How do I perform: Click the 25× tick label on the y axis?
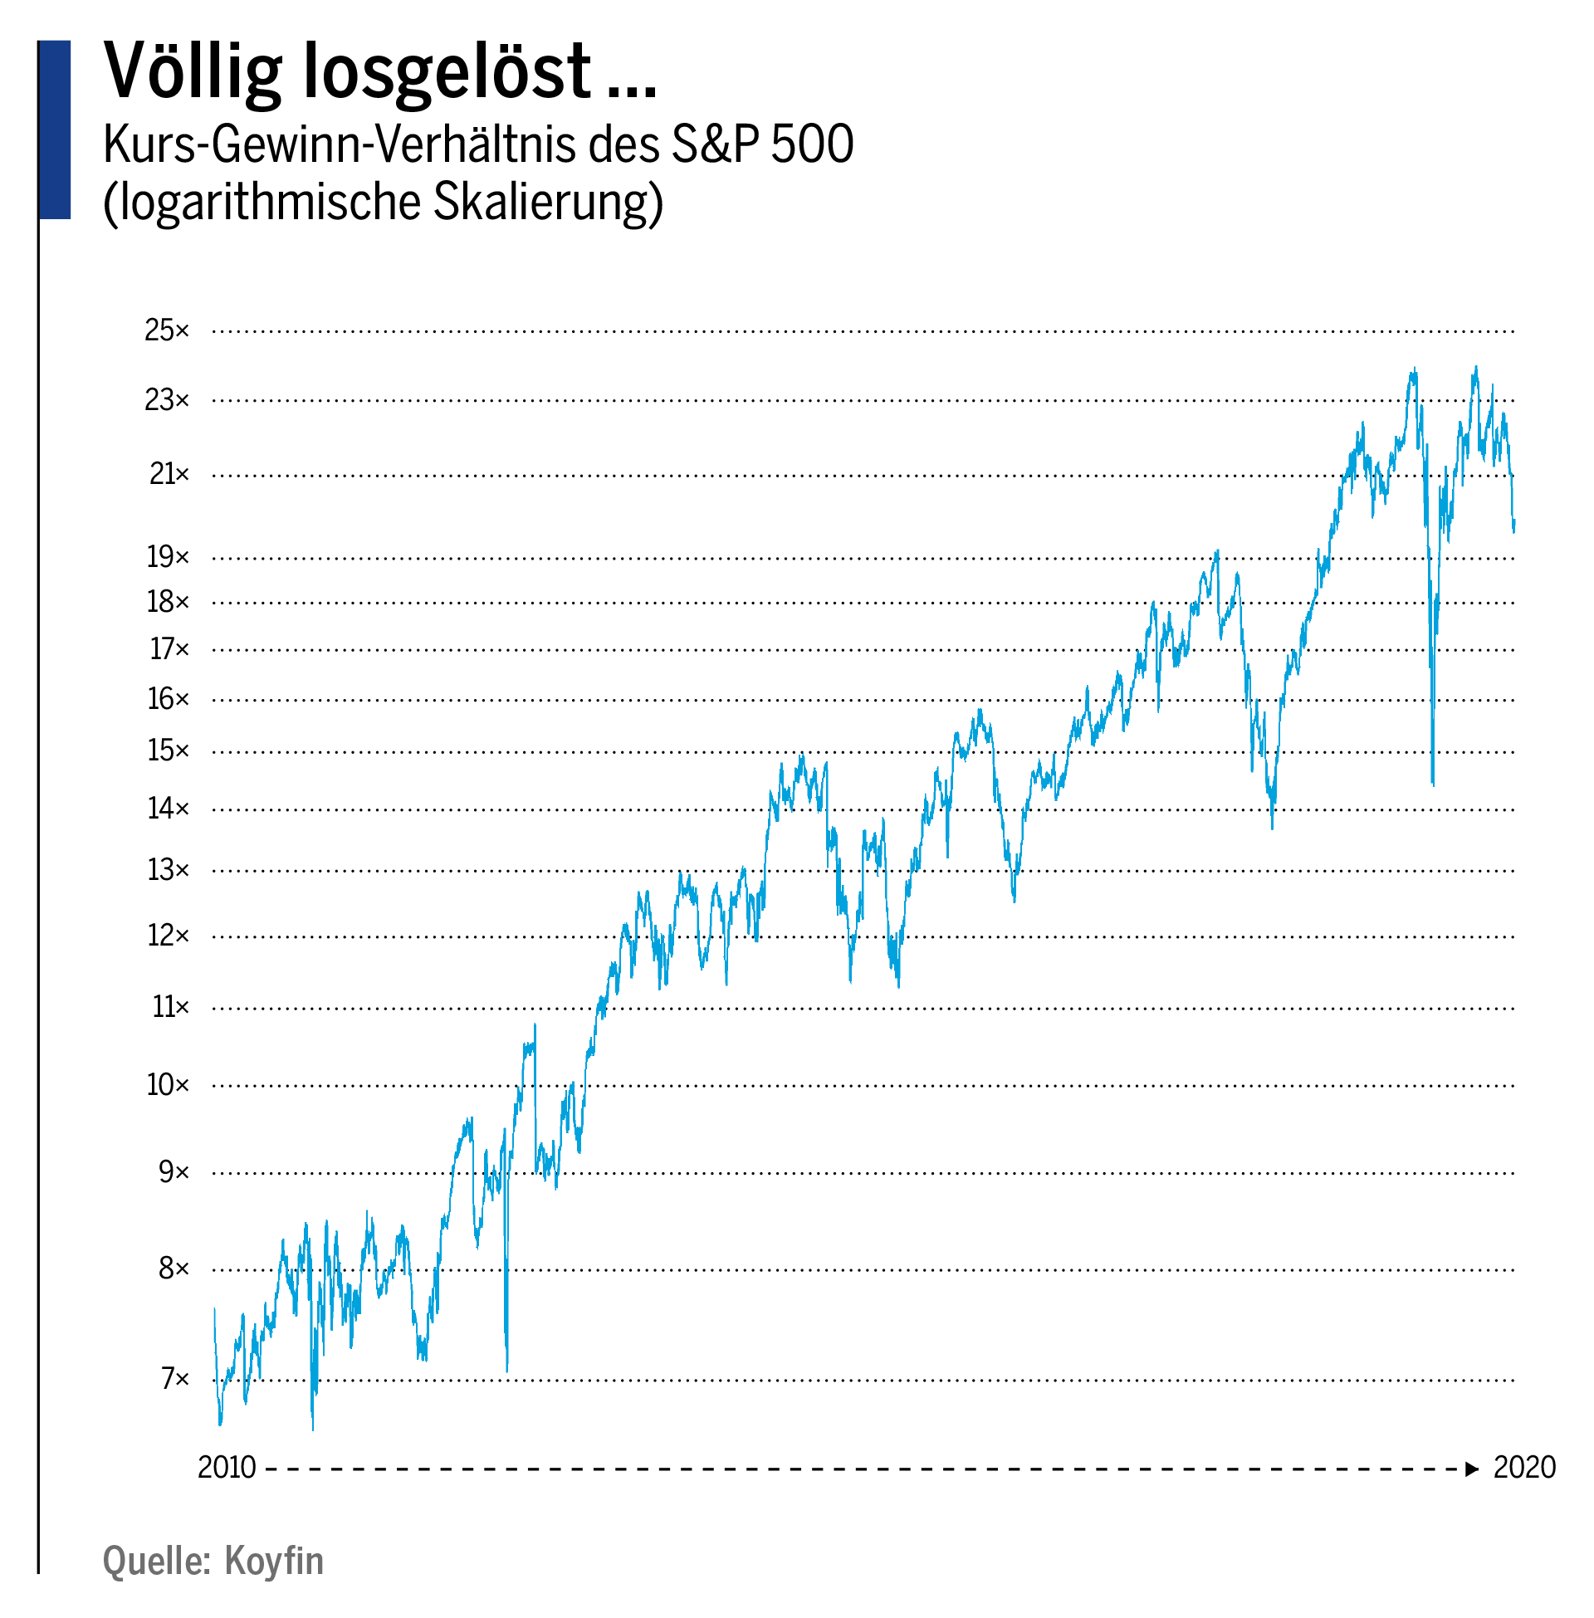point(167,331)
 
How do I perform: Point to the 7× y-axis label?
point(175,1379)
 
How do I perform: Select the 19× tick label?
point(168,557)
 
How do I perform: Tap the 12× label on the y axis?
point(168,936)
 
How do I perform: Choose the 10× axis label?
point(168,1086)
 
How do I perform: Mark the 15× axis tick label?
point(168,750)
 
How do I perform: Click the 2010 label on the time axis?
point(227,1469)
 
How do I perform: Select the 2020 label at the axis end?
point(1523,1469)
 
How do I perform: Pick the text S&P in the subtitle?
point(716,144)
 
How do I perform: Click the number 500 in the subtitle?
point(811,144)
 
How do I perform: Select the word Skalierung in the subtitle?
point(549,203)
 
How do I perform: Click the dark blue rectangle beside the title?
point(55,130)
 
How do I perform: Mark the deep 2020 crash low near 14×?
point(1433,784)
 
